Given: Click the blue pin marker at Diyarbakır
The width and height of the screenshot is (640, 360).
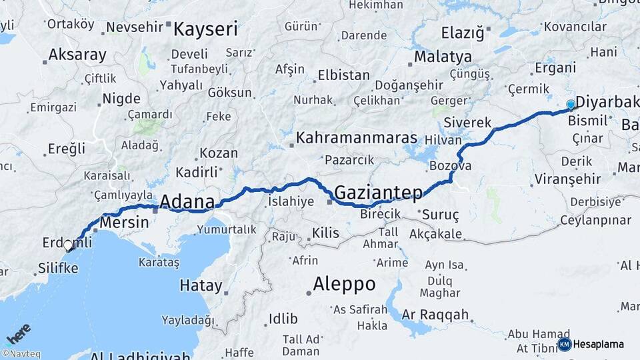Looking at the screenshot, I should pos(571,105).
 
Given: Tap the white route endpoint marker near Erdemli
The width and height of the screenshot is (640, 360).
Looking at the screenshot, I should pos(68,245).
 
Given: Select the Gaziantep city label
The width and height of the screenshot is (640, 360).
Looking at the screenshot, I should pos(378,193).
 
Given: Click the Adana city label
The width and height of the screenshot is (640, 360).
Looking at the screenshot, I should pos(187,201).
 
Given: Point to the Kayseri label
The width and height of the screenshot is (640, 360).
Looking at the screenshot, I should pos(205,29).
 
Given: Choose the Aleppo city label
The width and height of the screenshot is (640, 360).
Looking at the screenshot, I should pos(345,284).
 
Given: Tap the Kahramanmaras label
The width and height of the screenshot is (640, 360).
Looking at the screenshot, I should pos(357,138).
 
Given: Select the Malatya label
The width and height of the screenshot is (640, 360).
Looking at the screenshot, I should pos(443,57).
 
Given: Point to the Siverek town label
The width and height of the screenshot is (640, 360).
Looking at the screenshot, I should pos(467,123).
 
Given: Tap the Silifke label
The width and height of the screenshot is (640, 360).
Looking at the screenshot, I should pos(59,268).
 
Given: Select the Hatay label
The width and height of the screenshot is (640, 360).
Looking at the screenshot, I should pos(201,286).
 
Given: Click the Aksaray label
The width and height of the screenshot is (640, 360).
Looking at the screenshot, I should pos(77,55).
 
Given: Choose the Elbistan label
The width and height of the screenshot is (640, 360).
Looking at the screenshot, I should pos(343,75).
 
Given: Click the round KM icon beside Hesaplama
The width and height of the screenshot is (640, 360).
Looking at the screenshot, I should pos(564,344).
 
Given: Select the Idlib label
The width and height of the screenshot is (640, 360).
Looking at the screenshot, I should pos(283,319).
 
